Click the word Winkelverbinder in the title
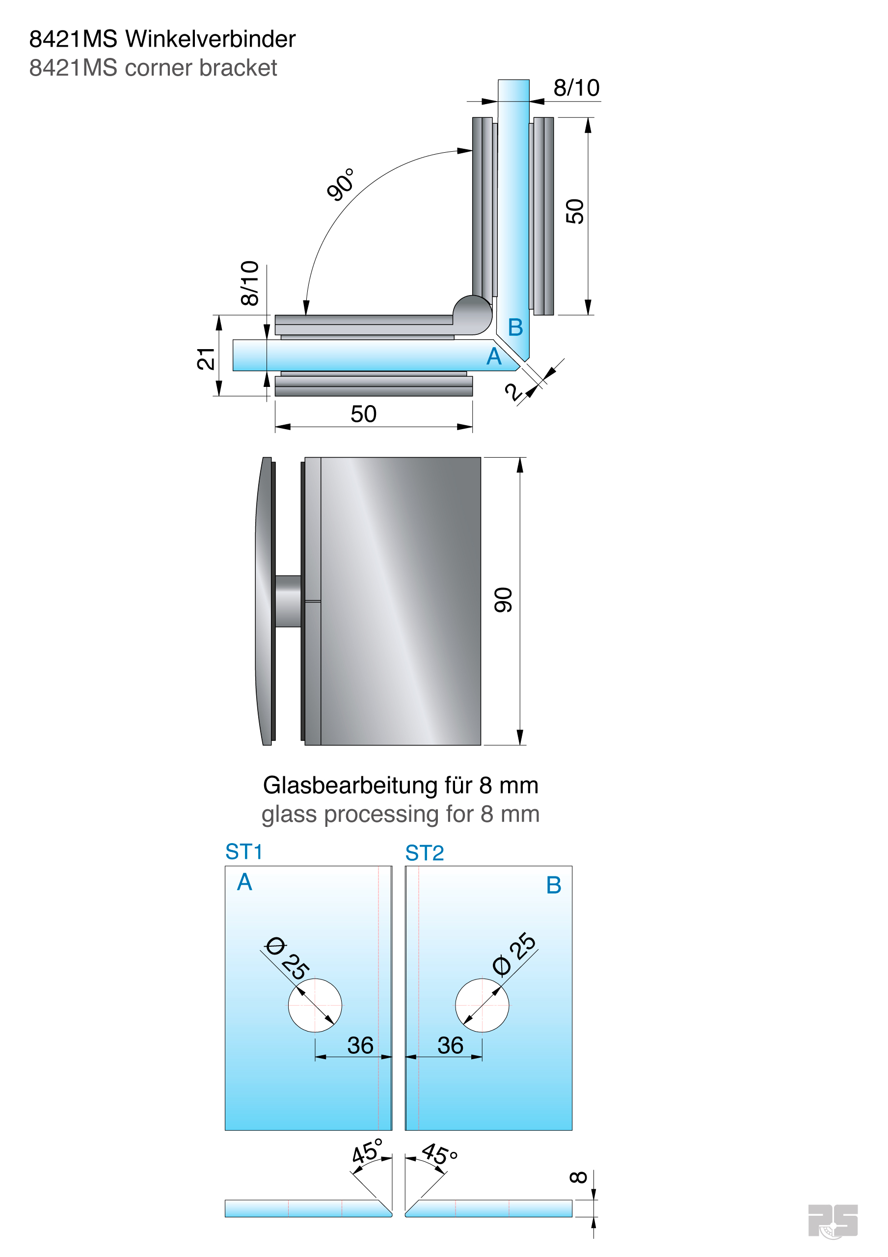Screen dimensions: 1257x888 pos(210,39)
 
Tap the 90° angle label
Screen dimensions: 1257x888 pos(341,185)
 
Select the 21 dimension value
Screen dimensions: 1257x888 pos(206,358)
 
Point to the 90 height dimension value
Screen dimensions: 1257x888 pos(503,600)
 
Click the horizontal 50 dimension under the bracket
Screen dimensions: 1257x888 pos(364,414)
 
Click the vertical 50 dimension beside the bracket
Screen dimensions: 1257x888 pos(575,211)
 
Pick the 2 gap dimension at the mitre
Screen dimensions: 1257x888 pos(513,392)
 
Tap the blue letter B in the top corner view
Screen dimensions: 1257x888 pos(515,328)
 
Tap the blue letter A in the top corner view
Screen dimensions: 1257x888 pos(494,356)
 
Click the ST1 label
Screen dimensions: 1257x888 pos(244,852)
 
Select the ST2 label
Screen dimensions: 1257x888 pos(424,853)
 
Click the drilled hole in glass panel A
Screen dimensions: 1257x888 pos(315,1005)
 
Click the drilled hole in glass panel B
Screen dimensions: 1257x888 pos(482,1005)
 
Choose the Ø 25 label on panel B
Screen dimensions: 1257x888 pos(514,954)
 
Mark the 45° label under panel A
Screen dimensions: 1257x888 pos(367,1152)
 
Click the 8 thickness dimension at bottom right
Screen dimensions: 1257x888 pos(579,1177)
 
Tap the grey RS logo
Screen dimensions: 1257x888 pos(832,1220)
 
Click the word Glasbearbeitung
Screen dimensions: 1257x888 pos(350,786)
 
